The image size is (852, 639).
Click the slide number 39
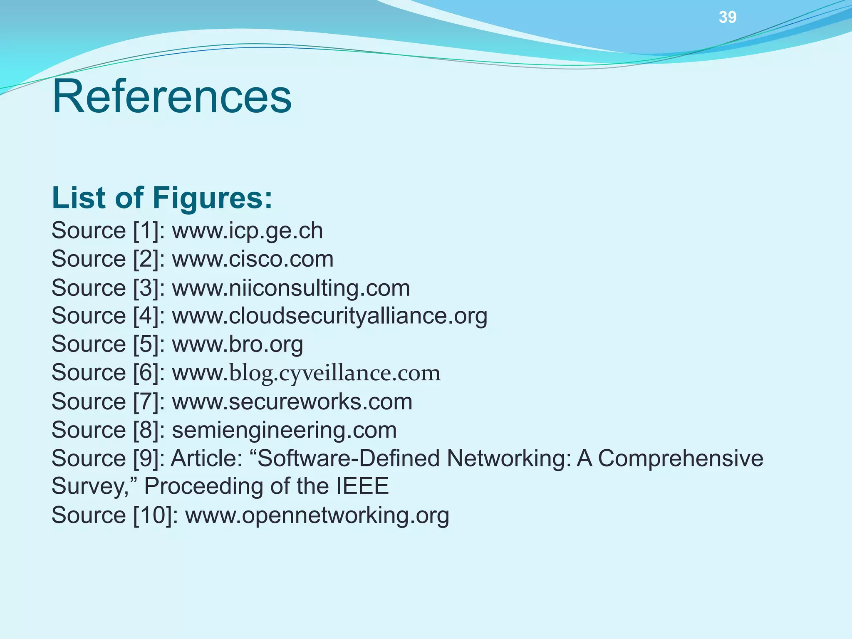pos(727,17)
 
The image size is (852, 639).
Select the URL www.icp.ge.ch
pos(247,231)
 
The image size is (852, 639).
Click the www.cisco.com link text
pos(253,259)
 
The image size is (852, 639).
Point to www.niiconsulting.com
pos(291,288)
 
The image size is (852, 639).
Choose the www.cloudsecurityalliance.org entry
pos(329,316)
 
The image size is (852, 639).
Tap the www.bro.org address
pos(237,344)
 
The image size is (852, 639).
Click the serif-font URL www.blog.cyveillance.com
pos(306,373)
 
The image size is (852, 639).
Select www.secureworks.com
pos(292,401)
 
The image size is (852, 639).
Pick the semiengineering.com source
pos(284,430)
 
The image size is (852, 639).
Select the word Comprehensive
pos(681,458)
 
